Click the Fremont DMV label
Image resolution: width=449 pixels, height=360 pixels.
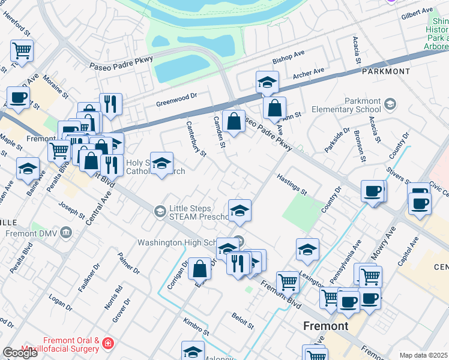point(30,233)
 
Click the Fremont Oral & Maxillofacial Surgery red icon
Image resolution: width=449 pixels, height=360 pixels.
point(107,344)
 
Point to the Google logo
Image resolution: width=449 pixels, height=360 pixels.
point(20,353)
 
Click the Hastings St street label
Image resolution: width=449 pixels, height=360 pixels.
point(292,185)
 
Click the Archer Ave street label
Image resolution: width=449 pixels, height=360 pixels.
point(309,74)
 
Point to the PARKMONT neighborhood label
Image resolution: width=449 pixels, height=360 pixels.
point(386,71)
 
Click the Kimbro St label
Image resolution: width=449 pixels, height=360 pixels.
point(196,327)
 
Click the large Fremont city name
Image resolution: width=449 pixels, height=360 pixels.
point(326,326)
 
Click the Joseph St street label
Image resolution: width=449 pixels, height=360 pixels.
point(72,211)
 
